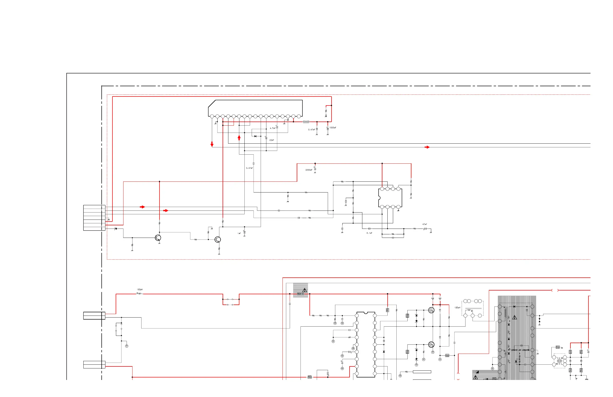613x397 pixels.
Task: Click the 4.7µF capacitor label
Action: click(272, 128)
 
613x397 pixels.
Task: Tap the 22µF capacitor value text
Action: click(271, 140)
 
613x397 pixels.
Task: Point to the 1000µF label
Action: click(333, 128)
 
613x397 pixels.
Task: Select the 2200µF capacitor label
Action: click(309, 170)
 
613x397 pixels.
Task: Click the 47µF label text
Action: click(424, 224)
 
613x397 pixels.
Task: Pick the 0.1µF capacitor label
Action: click(369, 233)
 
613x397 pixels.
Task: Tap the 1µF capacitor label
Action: click(239, 233)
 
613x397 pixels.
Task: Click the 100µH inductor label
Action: click(139, 289)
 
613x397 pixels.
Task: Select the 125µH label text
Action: click(457, 308)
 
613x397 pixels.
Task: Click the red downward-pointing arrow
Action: click(212, 144)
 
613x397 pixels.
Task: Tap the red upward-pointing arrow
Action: click(239, 138)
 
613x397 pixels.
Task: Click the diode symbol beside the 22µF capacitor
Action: click(255, 136)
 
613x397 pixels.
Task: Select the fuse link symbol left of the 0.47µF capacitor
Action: click(306, 122)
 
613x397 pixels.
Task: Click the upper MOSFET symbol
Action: click(431, 310)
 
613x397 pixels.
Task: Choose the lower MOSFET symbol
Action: click(431, 344)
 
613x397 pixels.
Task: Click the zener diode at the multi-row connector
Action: click(116, 229)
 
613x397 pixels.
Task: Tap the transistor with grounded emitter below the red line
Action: click(158, 238)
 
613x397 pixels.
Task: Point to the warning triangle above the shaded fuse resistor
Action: click(304, 290)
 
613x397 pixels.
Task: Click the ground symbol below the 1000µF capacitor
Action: click(328, 134)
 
